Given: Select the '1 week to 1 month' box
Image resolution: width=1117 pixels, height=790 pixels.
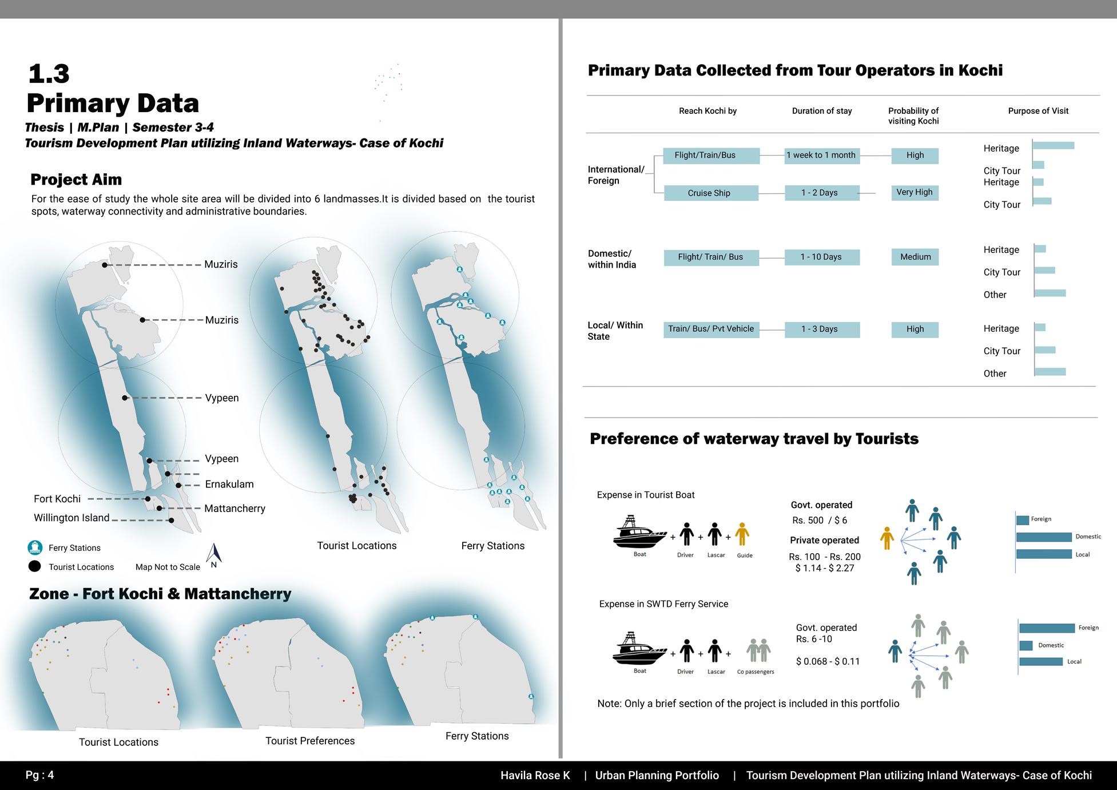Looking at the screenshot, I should click(x=821, y=156).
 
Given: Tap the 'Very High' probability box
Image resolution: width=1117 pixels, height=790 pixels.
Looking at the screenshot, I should click(x=915, y=193).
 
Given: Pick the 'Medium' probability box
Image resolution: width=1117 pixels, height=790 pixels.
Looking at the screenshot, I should click(x=915, y=257).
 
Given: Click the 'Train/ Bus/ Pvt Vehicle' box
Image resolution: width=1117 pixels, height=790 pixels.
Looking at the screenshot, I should click(x=711, y=329).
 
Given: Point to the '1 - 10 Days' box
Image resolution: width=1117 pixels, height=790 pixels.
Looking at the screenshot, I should click(x=821, y=257).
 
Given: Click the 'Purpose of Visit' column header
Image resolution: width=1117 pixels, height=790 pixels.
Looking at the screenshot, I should click(x=1038, y=111).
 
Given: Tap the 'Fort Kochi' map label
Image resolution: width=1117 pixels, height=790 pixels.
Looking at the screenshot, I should click(x=57, y=499).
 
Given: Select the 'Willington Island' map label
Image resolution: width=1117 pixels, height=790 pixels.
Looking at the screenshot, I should click(x=71, y=518).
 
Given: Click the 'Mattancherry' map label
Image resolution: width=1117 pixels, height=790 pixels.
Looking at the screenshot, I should click(x=234, y=509).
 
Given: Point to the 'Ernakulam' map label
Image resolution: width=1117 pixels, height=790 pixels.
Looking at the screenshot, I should click(x=229, y=484).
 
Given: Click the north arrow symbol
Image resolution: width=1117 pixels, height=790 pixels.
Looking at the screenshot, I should click(x=214, y=554).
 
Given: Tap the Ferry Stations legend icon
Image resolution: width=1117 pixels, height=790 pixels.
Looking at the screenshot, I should click(x=35, y=547).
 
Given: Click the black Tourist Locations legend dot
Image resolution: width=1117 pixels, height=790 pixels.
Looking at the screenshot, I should click(x=35, y=566).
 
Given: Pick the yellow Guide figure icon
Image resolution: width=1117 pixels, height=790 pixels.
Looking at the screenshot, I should click(x=742, y=535).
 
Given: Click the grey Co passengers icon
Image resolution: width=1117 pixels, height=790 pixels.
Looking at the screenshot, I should click(x=758, y=651).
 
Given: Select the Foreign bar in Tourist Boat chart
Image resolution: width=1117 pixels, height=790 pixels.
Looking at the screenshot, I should click(x=1023, y=520).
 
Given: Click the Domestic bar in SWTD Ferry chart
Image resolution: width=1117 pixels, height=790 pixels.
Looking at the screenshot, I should click(x=1026, y=645).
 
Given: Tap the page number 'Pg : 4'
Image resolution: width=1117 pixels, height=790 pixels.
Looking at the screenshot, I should click(x=39, y=775).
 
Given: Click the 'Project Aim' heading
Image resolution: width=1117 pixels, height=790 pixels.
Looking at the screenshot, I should click(x=76, y=180).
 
